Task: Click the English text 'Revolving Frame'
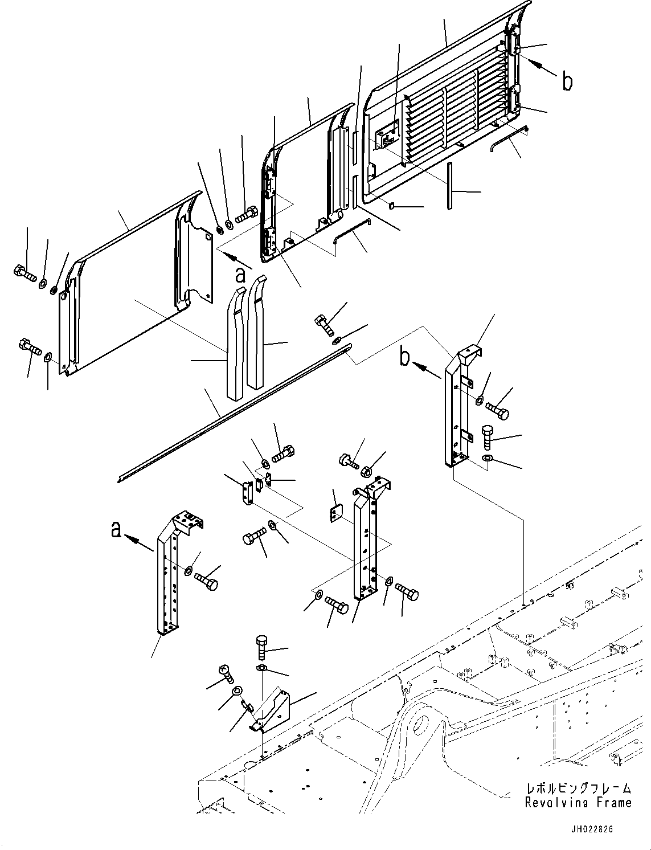click(x=578, y=803)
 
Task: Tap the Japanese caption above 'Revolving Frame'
click(x=578, y=788)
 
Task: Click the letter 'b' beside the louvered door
click(x=567, y=81)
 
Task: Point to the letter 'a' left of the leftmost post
click(x=116, y=530)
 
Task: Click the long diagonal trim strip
click(x=234, y=413)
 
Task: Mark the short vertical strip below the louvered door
click(x=449, y=186)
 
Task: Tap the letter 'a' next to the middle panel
click(x=241, y=275)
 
